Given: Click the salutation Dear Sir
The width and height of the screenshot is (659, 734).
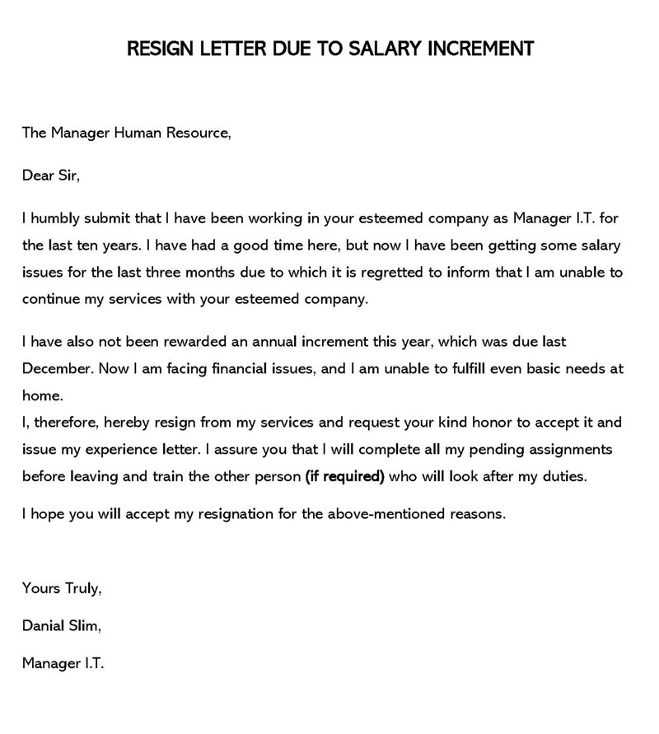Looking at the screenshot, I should coord(51,175).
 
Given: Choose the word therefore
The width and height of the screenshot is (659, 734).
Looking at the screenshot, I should coord(62,423).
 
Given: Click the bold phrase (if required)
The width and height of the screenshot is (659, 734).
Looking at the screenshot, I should coord(344,476).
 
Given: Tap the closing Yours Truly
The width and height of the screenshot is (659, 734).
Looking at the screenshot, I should coord(62,589).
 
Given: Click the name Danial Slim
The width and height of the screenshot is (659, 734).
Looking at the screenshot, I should coord(62,626).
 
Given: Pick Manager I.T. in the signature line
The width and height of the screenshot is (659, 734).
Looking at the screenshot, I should coord(63,663).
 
